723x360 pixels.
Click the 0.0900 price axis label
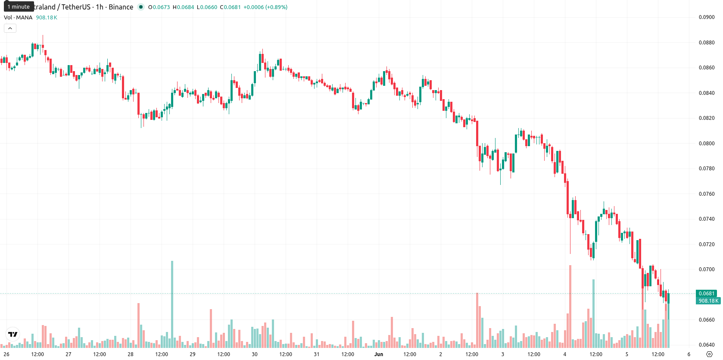click(707, 17)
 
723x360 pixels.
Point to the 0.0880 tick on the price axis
click(707, 42)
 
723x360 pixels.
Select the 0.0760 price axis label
click(707, 194)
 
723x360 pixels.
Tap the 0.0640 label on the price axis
click(707, 345)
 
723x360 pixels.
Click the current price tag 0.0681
click(707, 294)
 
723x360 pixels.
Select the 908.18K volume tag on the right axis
click(708, 301)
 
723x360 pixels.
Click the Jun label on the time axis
click(379, 354)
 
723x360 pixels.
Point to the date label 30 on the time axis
click(255, 354)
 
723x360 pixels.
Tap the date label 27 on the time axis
click(69, 354)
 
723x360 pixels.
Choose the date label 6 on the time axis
click(689, 354)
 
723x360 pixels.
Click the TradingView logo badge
click(13, 334)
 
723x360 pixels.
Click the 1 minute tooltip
click(19, 6)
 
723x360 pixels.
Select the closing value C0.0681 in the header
click(230, 7)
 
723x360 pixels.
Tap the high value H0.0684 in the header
click(183, 7)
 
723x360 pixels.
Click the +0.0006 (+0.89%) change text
click(265, 7)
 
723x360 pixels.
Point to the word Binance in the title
click(121, 7)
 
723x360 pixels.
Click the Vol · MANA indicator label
click(18, 17)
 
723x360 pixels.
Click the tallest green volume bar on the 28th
click(172, 304)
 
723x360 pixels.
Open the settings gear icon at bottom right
click(709, 354)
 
